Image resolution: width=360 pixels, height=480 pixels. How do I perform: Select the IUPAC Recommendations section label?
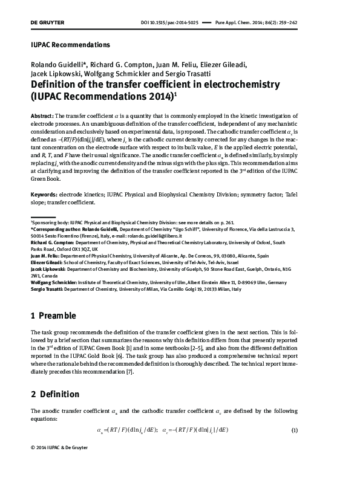click(x=70, y=45)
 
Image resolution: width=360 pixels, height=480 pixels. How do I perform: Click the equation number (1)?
click(x=295, y=430)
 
